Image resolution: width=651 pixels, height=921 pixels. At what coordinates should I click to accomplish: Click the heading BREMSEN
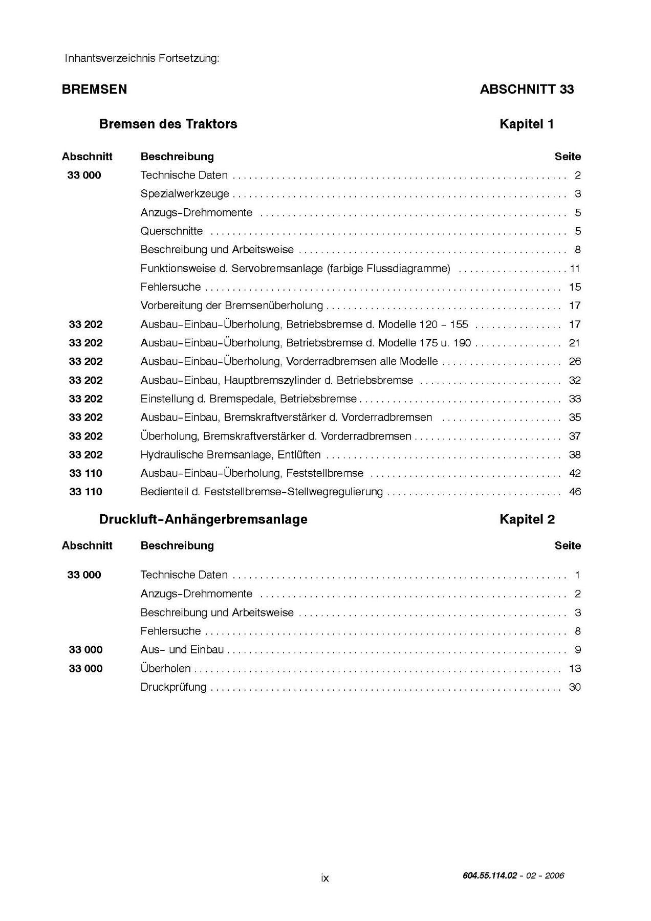[94, 89]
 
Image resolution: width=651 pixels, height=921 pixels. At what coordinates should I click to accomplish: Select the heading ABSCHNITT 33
[527, 89]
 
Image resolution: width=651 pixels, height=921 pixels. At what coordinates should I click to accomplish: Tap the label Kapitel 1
[527, 124]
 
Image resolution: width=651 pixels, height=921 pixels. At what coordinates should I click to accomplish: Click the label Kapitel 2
[527, 519]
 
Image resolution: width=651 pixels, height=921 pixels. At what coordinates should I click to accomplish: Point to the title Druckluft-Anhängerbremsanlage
[203, 519]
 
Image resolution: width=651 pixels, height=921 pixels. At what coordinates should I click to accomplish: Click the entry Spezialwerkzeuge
[185, 194]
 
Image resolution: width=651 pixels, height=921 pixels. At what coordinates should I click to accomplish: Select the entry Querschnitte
[171, 231]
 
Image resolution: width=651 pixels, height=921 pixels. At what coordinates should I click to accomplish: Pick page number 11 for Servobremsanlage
[575, 269]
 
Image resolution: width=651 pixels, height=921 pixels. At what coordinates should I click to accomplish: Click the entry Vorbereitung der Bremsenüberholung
[231, 306]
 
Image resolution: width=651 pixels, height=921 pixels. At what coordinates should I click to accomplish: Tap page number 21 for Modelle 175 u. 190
[575, 343]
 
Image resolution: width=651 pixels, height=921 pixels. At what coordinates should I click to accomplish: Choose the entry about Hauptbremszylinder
[276, 380]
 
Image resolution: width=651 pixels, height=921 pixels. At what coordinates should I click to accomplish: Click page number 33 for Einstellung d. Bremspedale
[575, 399]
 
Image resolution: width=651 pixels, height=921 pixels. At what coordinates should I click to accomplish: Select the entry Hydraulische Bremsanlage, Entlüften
[230, 455]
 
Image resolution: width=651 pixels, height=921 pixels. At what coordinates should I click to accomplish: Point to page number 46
[575, 492]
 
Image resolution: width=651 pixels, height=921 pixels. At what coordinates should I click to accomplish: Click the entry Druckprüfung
[173, 687]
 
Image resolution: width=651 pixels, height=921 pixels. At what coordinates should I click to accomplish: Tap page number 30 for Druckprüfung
[575, 687]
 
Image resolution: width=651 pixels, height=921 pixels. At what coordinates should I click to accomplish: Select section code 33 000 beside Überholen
[85, 669]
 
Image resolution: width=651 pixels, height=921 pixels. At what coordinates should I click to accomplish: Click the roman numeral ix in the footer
[325, 878]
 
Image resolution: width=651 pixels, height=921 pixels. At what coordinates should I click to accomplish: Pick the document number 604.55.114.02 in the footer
[490, 875]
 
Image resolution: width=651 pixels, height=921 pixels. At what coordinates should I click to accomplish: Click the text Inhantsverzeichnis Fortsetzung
[142, 58]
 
